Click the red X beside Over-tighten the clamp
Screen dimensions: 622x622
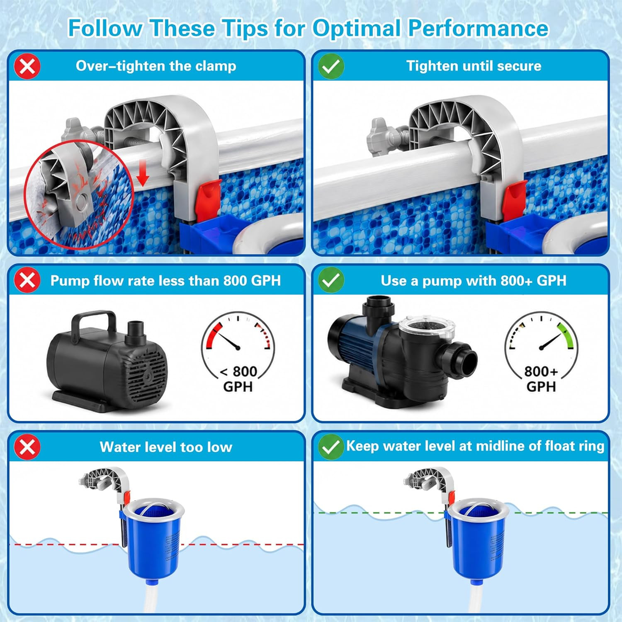coord(27,66)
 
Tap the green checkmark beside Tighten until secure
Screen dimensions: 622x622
coord(331,66)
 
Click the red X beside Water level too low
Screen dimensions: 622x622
coord(27,447)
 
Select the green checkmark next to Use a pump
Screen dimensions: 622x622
coord(331,280)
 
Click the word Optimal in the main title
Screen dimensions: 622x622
coord(357,28)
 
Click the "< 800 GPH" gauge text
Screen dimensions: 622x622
coord(238,379)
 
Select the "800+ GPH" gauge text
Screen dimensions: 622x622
coord(541,379)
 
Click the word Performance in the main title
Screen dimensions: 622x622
coord(478,28)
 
